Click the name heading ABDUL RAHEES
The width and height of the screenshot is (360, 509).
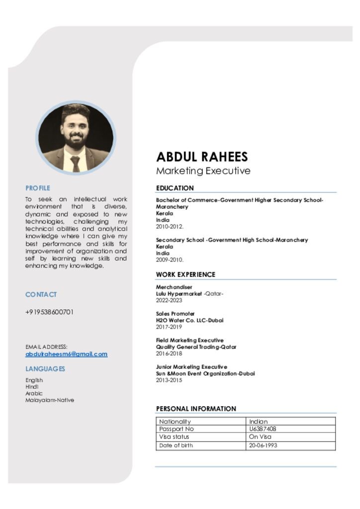202,157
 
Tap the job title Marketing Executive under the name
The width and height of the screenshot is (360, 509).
203,171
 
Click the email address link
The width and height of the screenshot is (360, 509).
66,354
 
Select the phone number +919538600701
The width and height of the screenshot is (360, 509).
49,312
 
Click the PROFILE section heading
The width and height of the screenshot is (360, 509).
38,188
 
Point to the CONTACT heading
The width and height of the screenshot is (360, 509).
41,294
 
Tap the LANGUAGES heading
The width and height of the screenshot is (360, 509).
45,369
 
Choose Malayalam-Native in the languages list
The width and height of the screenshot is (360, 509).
50,400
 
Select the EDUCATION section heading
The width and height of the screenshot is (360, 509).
175,188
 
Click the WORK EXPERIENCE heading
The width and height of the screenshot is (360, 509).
185,274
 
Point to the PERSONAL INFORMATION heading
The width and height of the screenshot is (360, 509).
196,409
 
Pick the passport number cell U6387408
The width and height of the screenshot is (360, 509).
263,429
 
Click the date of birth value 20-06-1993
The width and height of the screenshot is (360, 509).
263,445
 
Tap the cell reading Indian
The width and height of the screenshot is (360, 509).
258,422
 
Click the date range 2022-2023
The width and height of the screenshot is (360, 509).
169,300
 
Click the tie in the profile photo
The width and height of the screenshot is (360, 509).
75,164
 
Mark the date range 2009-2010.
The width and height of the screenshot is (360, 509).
170,259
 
